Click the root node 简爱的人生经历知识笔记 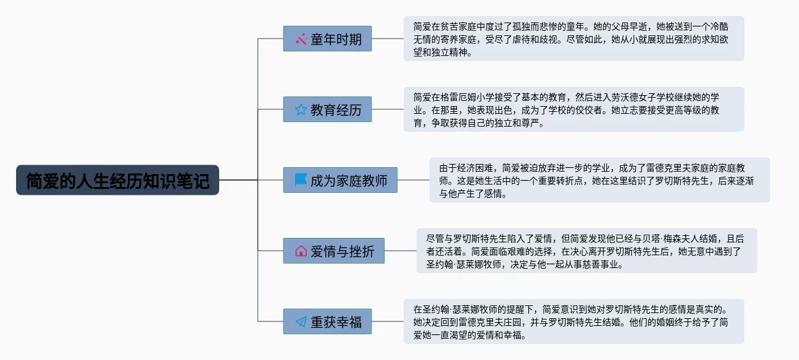point(118,180)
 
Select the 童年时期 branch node point(327,39)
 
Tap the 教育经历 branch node point(327,109)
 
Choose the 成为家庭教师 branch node point(340,180)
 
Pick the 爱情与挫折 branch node point(334,251)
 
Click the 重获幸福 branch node point(327,321)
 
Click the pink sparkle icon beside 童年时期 point(301,39)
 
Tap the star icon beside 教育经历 point(301,109)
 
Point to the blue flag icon point(301,180)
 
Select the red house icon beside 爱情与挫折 point(301,251)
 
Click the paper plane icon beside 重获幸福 point(301,321)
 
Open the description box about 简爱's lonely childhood point(573,39)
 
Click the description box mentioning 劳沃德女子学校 point(573,109)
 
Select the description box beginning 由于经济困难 point(599,180)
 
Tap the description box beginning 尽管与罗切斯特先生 point(586,251)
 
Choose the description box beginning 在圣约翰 point(573,321)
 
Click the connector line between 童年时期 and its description point(388,39)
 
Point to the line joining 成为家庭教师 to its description point(413,180)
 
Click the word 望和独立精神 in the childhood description point(440,53)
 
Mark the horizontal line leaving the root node point(238,180)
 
